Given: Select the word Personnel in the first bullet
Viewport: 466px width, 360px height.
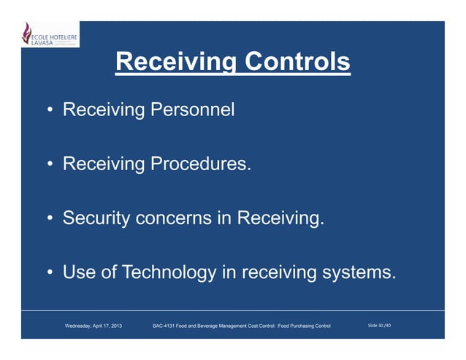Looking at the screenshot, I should (x=192, y=111).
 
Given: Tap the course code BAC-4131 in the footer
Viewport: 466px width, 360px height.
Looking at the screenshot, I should (x=166, y=324).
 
